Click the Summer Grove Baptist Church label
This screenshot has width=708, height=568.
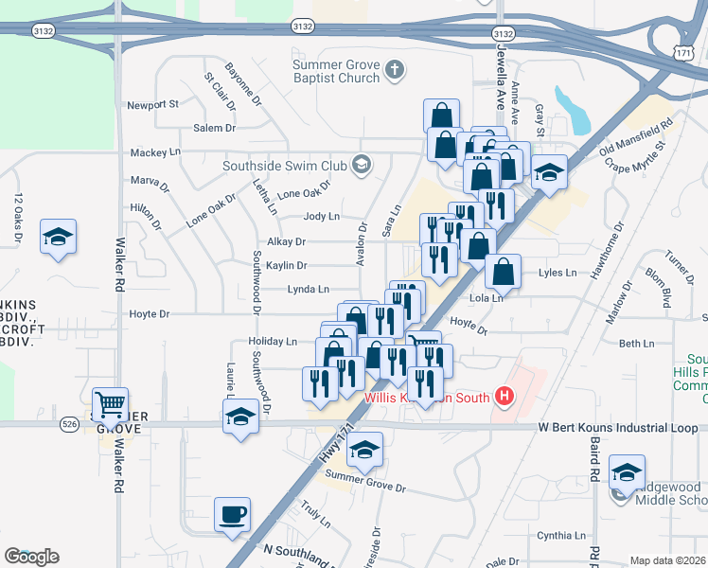coord(335,72)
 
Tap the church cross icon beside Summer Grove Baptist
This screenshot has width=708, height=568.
coord(395,69)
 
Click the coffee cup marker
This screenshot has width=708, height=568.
coord(233,516)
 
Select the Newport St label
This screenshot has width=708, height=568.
coord(152,104)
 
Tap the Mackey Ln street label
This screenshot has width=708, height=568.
coord(155,151)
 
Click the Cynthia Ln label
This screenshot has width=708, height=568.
coord(561,535)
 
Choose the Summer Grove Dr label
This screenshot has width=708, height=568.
coord(365,488)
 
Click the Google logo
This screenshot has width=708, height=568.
coord(31,557)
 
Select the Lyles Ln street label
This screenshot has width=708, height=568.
coord(557,273)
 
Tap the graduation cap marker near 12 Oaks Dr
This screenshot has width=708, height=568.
coord(59,237)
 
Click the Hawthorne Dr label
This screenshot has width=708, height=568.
coord(606,249)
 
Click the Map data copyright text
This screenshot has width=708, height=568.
coord(667,560)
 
